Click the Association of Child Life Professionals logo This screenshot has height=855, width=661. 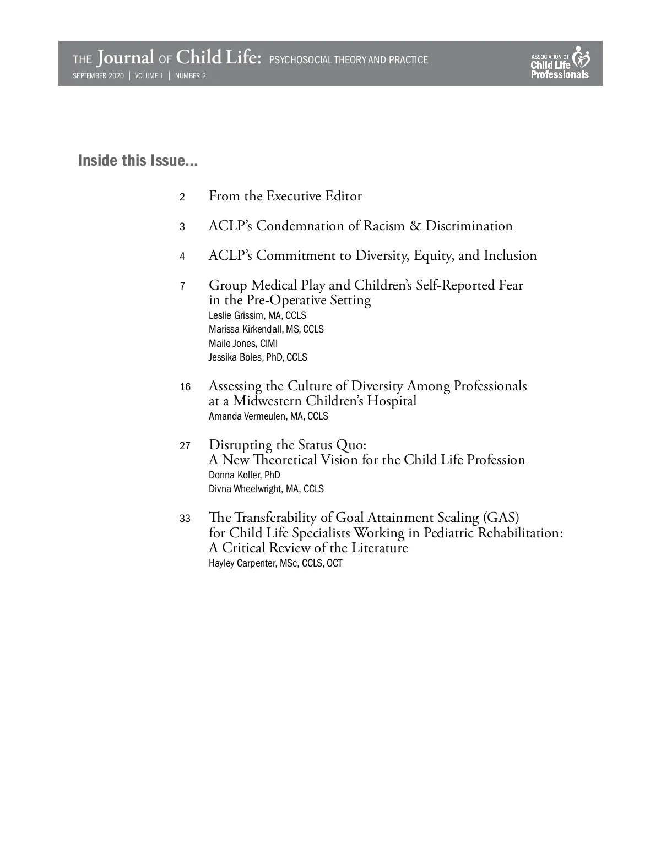point(560,63)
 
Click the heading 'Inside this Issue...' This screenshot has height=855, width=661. point(138,161)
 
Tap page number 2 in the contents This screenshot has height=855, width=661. point(182,197)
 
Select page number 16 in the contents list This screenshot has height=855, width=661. point(185,387)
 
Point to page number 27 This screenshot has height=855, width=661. point(185,446)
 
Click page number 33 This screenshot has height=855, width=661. point(185,519)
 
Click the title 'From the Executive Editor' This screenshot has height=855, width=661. point(285,196)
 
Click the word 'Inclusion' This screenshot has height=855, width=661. point(510,255)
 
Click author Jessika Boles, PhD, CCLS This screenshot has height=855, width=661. point(258,357)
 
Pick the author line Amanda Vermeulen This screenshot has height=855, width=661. point(268,416)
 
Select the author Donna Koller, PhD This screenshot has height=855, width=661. point(244,475)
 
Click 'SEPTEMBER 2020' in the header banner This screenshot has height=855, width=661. point(99,76)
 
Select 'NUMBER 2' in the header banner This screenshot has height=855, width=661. point(191,76)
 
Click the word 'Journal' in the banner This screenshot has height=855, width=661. point(126,58)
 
